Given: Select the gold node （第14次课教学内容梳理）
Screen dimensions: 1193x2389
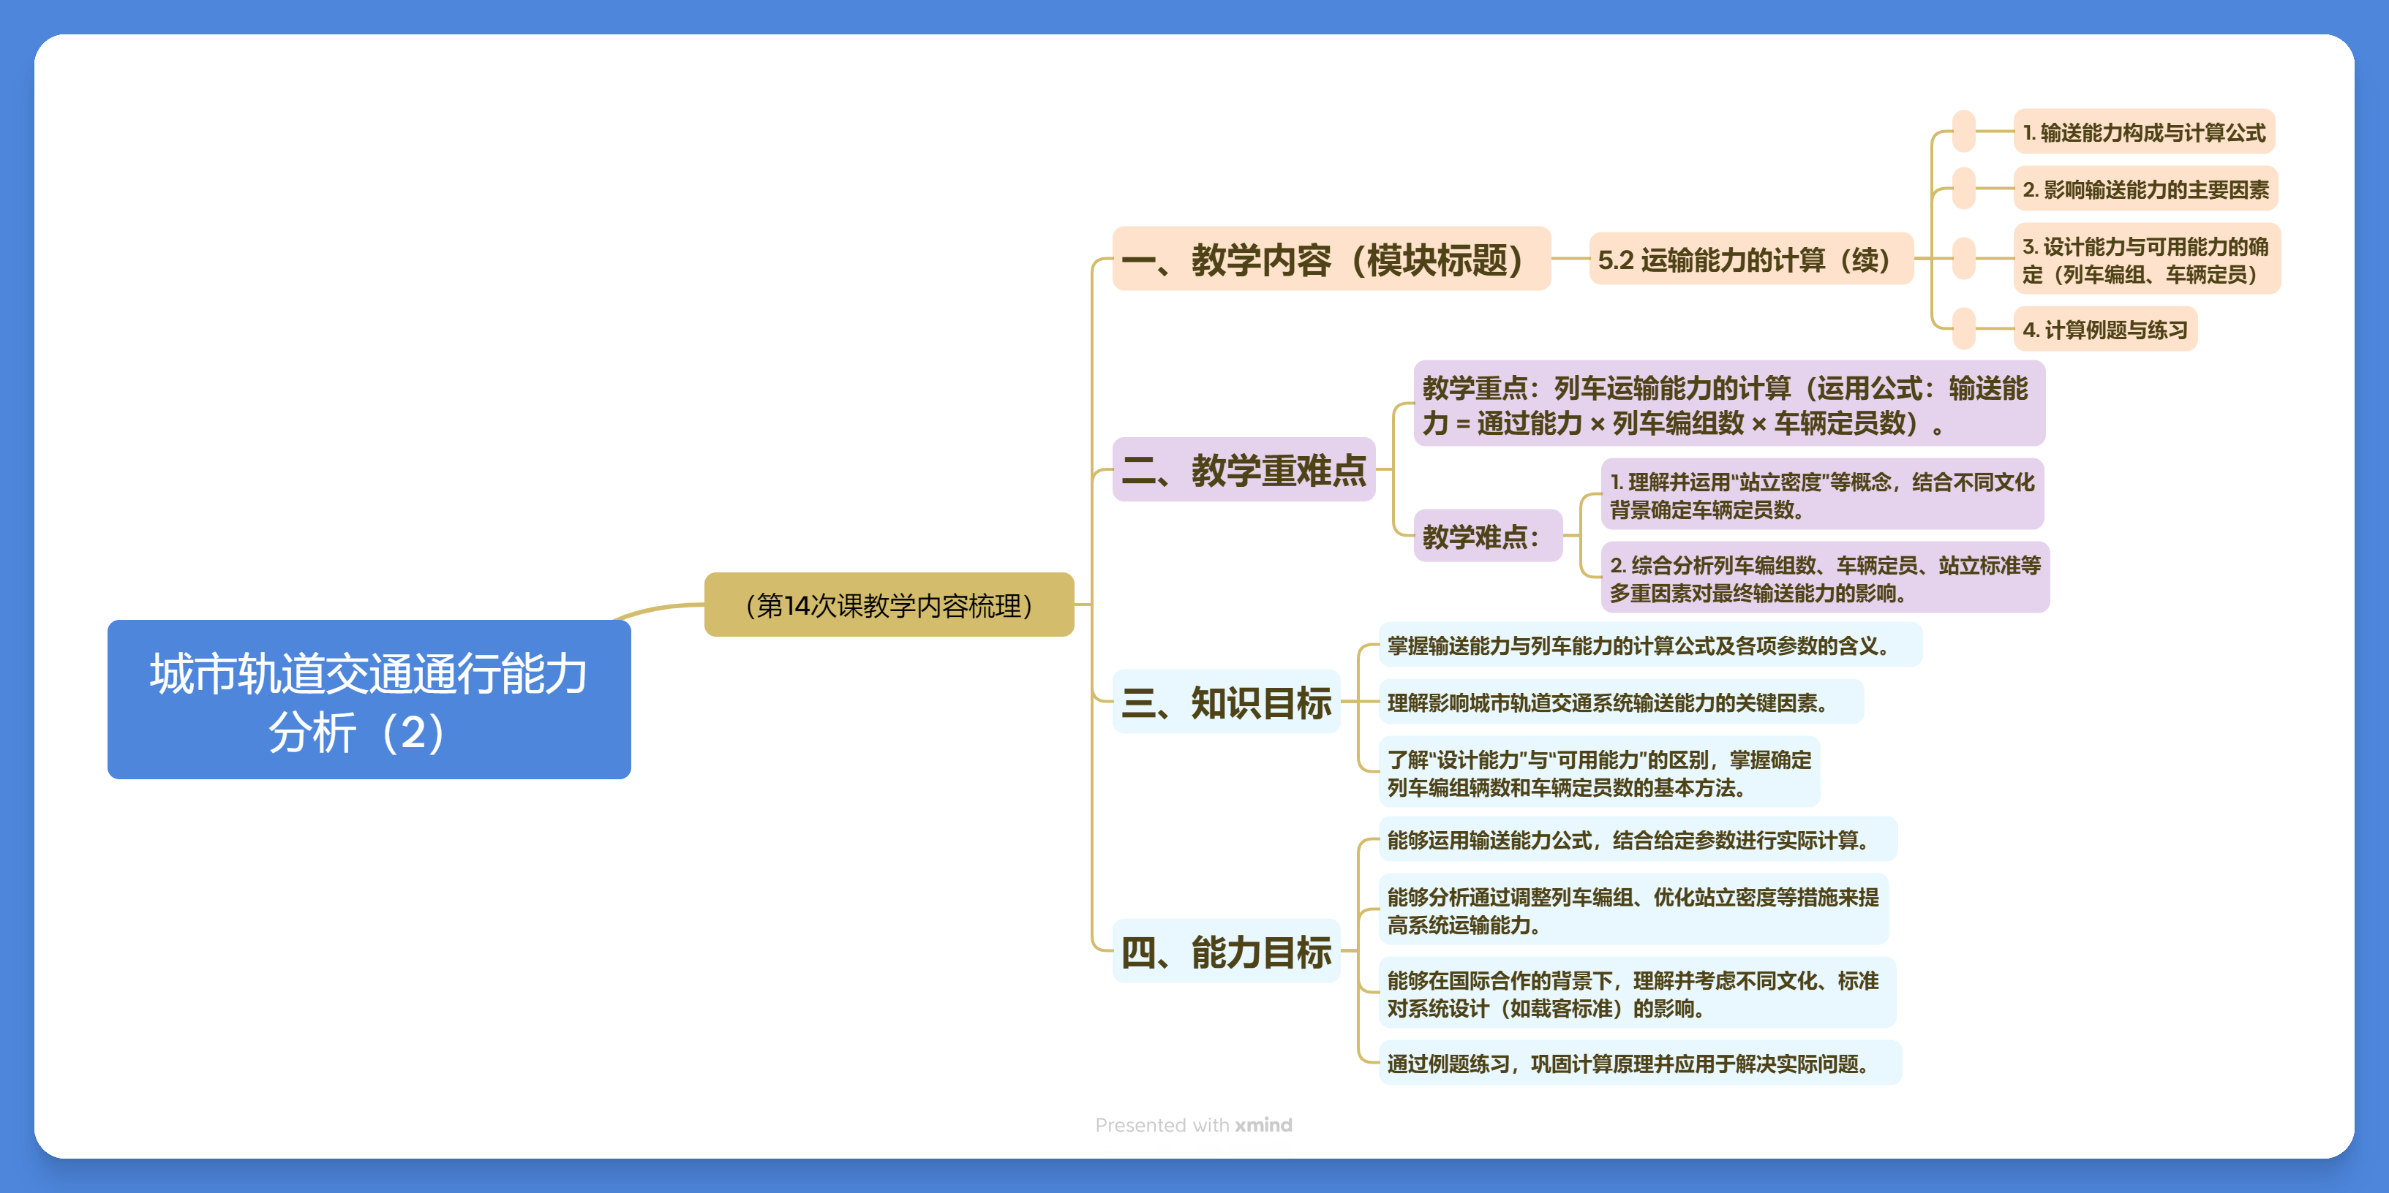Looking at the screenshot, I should [x=889, y=605].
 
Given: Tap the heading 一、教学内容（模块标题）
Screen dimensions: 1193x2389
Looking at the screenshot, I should [x=1330, y=260].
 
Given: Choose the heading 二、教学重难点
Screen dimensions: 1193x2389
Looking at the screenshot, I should [x=1243, y=470].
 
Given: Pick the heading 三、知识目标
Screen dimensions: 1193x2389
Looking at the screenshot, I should [x=1226, y=702].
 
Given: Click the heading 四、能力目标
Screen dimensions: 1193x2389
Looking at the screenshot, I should [x=1226, y=951].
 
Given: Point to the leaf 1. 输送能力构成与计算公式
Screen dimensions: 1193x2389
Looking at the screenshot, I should [x=2143, y=132].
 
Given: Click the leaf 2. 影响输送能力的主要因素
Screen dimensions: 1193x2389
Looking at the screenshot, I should [x=2145, y=189].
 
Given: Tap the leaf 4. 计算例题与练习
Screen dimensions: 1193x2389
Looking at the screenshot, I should [x=2104, y=329].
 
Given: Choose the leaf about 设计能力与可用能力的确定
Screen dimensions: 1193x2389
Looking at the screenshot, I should [x=2145, y=260].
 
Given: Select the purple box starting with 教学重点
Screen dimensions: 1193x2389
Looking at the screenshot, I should [x=1728, y=405].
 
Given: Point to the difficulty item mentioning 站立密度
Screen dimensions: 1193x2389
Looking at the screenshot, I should [x=1821, y=495].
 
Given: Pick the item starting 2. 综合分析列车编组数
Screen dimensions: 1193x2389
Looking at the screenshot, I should [x=1824, y=578].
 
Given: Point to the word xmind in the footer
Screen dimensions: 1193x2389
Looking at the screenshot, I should [x=1263, y=1124].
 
